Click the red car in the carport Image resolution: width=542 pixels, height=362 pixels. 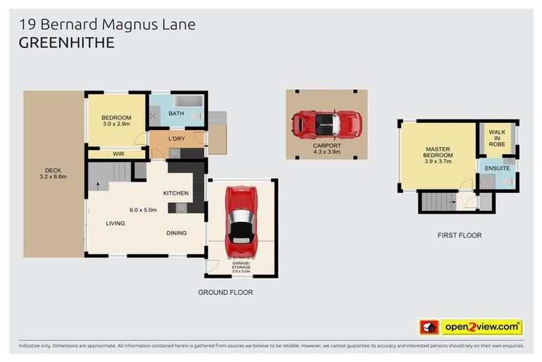(x=326, y=124)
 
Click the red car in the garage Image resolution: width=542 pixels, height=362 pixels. (x=241, y=223)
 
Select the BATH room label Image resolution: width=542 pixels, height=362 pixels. (x=176, y=113)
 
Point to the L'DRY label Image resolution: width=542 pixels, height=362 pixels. (x=176, y=139)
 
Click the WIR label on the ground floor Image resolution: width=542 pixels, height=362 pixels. (x=119, y=153)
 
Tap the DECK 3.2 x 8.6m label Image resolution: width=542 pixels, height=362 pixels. (x=54, y=173)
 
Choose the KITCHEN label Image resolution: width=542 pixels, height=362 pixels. (x=176, y=193)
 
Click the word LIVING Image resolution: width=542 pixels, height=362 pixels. (x=115, y=223)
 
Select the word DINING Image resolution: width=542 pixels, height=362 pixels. (x=176, y=233)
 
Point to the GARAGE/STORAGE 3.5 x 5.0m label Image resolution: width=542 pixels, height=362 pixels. (x=241, y=267)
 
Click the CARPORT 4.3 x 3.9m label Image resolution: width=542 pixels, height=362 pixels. (x=326, y=149)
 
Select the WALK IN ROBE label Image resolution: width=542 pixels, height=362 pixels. (x=497, y=138)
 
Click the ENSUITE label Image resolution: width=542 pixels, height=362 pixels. (x=496, y=168)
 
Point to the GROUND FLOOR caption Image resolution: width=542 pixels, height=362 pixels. (x=226, y=292)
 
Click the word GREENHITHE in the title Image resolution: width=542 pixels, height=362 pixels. (x=67, y=43)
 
